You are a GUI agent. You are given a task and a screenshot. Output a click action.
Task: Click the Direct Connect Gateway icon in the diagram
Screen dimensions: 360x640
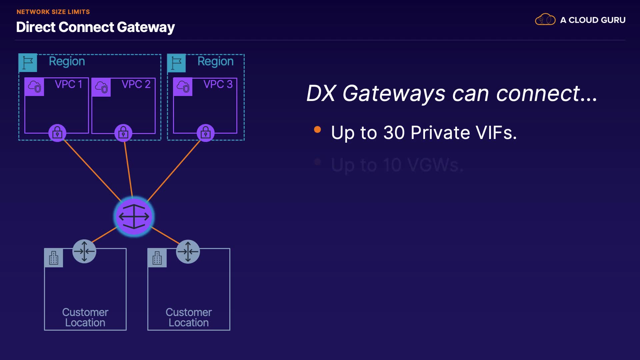point(134,217)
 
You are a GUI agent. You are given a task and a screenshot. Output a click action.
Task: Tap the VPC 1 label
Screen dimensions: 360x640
point(68,84)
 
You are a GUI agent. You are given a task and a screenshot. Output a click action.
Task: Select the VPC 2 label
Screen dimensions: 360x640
point(136,84)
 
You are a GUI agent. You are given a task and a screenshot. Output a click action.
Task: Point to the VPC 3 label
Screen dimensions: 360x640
point(218,84)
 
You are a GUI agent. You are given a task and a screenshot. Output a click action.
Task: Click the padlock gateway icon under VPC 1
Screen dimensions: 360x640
point(57,133)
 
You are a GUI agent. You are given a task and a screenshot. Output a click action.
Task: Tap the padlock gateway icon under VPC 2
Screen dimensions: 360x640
point(123,133)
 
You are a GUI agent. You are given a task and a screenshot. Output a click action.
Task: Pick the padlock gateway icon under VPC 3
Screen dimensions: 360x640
point(206,133)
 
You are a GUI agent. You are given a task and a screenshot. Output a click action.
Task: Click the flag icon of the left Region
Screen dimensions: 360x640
point(28,63)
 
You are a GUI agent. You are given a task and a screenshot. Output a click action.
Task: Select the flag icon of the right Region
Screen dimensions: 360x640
point(176,63)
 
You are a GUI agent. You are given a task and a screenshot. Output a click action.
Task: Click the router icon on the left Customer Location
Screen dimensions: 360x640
point(84,251)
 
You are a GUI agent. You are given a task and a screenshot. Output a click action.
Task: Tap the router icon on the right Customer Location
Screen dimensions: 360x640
point(188,251)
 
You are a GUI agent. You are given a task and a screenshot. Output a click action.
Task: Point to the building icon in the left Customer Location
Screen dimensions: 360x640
point(54,258)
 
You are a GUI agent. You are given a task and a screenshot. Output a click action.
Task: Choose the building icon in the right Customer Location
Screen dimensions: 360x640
point(157,258)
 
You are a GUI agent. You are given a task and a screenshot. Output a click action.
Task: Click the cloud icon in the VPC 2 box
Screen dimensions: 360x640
point(101,87)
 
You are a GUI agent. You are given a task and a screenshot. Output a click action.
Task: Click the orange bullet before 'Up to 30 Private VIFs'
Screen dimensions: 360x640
point(317,130)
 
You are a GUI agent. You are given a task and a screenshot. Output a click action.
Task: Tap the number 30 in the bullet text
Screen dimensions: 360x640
point(394,133)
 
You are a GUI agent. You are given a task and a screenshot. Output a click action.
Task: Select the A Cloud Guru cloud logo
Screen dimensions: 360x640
point(545,20)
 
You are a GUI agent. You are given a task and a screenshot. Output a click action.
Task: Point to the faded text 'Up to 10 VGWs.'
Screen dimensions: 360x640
point(397,165)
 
